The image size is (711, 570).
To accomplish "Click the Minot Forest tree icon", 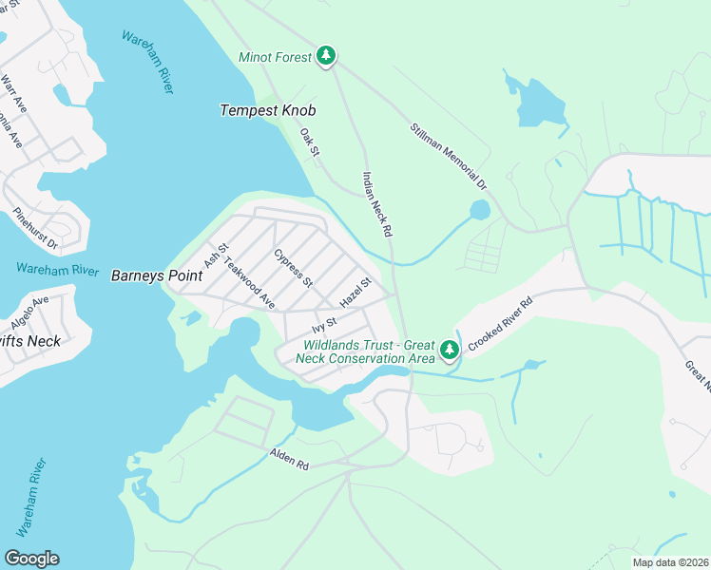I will coord(326,57).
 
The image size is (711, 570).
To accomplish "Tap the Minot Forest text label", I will coord(276,58).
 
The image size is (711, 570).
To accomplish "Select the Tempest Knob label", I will coord(267,110).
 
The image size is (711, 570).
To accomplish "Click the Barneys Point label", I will coord(157,275).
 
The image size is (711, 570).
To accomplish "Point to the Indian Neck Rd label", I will coord(376,203).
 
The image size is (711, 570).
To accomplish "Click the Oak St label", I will coord(310,144).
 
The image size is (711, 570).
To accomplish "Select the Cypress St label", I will coord(293,268).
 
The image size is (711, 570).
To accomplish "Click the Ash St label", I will coord(217,255).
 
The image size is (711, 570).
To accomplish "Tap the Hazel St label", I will coord(354,292).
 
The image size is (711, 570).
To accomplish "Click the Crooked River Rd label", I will coord(499,325).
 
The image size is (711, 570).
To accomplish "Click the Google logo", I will coord(31,559).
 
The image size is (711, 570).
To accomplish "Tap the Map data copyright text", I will coord(669,562).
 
